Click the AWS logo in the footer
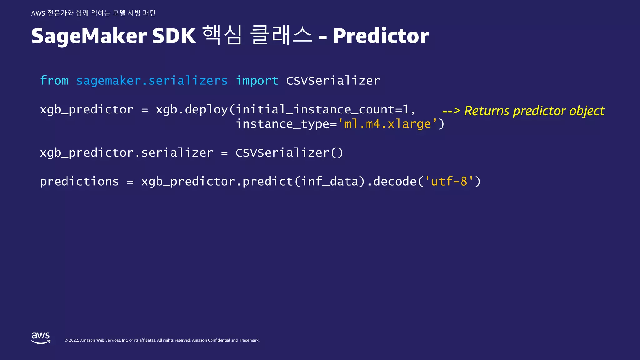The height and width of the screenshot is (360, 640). (41, 338)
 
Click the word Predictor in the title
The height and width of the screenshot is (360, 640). (381, 36)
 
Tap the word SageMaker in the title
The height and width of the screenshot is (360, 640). (89, 36)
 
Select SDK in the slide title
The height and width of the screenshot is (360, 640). (174, 36)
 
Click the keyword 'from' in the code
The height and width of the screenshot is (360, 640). (54, 81)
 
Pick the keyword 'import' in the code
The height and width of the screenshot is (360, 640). (257, 81)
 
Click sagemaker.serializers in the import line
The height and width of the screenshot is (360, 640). (152, 81)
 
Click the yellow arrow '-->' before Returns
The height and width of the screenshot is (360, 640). (451, 111)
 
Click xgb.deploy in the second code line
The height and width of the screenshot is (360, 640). (192, 110)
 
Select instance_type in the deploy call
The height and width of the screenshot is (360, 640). (282, 124)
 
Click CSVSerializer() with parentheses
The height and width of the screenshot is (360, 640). (289, 153)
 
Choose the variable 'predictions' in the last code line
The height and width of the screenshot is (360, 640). (79, 181)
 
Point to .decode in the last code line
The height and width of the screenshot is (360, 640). (392, 181)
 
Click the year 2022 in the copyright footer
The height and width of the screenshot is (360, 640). (73, 340)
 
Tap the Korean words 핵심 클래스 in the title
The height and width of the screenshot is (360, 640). (257, 35)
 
